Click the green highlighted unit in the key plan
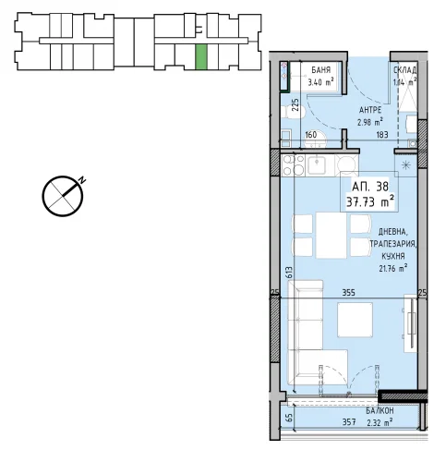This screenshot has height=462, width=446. click(x=201, y=56)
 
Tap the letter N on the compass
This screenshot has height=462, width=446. click(x=81, y=180)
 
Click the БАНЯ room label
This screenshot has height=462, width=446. click(x=321, y=70)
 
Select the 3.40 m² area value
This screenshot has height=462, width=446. click(x=321, y=82)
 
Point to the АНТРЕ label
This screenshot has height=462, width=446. click(x=370, y=110)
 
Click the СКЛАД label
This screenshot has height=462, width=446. click(x=405, y=70)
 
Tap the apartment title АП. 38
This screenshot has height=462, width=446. click(x=370, y=187)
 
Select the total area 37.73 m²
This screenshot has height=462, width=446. click(x=370, y=202)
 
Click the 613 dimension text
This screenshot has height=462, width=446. click(x=289, y=273)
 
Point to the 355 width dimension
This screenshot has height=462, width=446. click(x=349, y=292)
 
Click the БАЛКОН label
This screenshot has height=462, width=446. click(x=380, y=410)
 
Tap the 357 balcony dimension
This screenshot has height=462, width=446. click(x=349, y=422)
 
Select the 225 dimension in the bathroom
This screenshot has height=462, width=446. click(x=295, y=105)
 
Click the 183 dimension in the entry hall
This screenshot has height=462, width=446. click(x=382, y=135)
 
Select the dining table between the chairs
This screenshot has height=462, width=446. click(x=331, y=235)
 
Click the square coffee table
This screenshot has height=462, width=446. click(x=355, y=320)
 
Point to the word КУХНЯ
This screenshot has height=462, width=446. click(x=393, y=256)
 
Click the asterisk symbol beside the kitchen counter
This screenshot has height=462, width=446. click(x=406, y=165)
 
